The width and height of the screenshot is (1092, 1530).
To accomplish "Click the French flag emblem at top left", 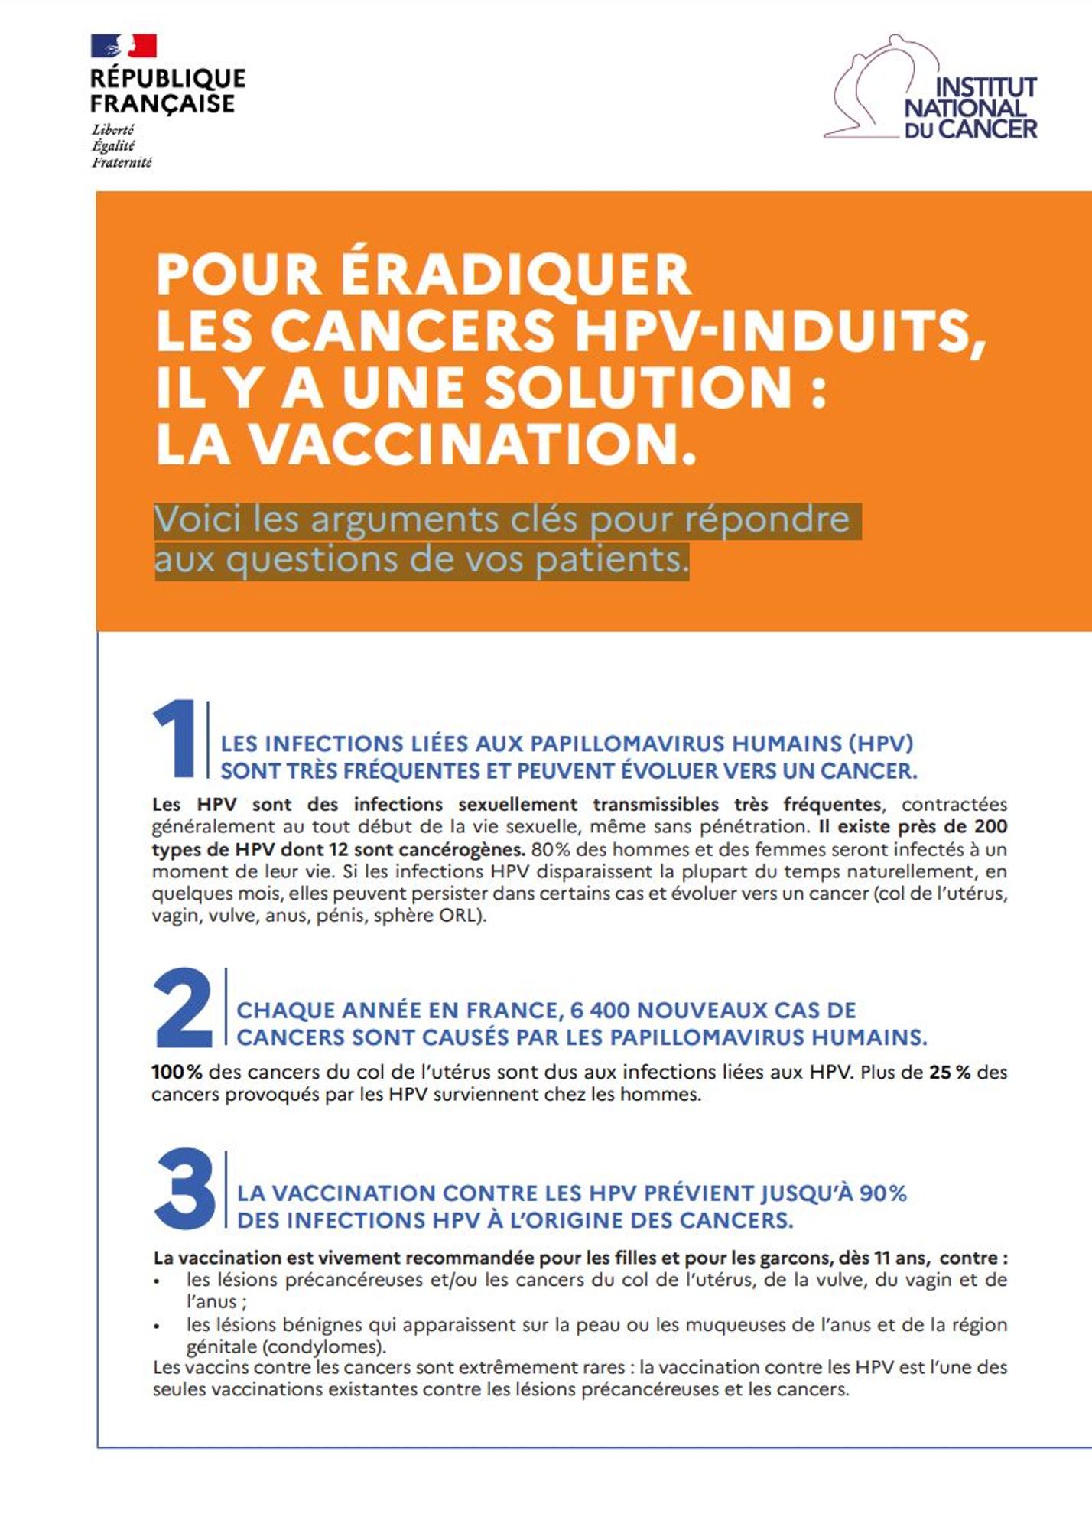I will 123,46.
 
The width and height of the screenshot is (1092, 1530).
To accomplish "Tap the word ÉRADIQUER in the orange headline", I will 516,274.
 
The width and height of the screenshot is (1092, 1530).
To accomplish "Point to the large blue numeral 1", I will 176,738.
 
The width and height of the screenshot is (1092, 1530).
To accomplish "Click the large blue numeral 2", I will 184,1008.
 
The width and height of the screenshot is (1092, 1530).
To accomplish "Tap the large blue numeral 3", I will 185,1190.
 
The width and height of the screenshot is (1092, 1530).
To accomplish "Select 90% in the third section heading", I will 882,1193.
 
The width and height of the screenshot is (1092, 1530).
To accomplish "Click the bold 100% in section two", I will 177,1072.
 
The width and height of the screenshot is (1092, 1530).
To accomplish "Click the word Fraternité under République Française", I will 122,162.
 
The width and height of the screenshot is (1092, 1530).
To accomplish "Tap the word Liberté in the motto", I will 112,130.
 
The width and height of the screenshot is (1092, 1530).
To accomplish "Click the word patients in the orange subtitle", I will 611,559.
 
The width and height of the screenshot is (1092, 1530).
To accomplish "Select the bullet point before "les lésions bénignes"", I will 157,1326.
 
